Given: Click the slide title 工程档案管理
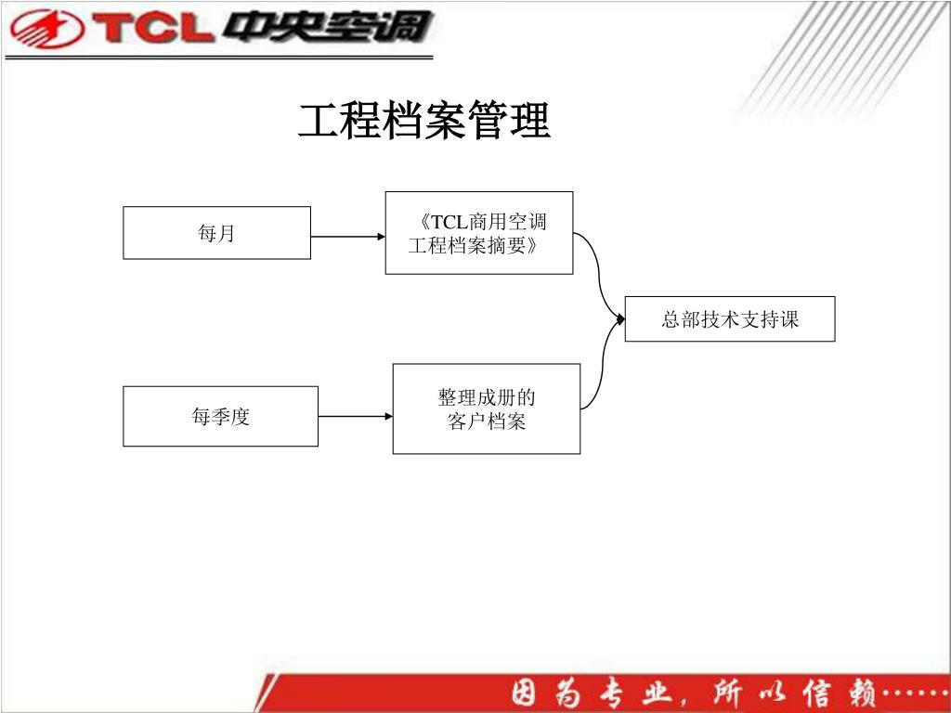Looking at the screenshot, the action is pyautogui.click(x=424, y=122).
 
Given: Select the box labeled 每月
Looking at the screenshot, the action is pyautogui.click(x=216, y=233).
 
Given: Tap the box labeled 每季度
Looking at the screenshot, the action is pyautogui.click(x=220, y=417).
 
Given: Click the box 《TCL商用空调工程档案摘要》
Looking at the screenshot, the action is pyautogui.click(x=478, y=233).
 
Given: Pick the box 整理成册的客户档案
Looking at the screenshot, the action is pyautogui.click(x=486, y=408).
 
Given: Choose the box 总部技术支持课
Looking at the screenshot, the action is pyautogui.click(x=729, y=319).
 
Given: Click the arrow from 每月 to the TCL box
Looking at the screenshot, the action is pyautogui.click(x=347, y=237).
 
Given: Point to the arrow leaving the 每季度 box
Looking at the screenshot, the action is pyautogui.click(x=355, y=417).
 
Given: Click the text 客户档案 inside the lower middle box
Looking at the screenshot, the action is pyautogui.click(x=487, y=422).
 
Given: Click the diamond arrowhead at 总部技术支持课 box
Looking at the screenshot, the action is pyautogui.click(x=620, y=319).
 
